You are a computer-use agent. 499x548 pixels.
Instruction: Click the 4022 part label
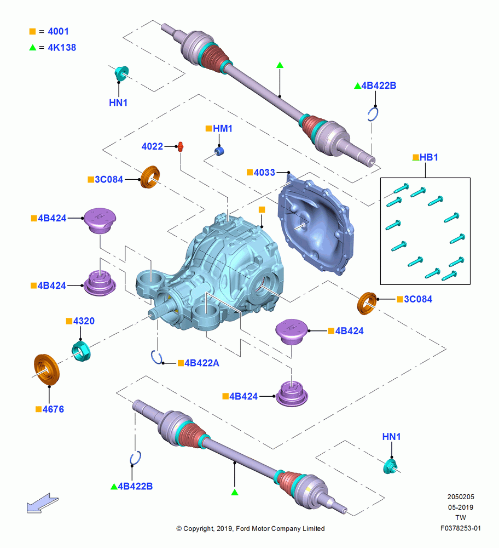(152, 146)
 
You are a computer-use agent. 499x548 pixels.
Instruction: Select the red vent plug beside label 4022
(181, 146)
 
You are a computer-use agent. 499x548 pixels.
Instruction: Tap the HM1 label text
(223, 129)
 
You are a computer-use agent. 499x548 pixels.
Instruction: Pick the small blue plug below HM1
(219, 151)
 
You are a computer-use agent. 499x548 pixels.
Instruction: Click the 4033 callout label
(264, 172)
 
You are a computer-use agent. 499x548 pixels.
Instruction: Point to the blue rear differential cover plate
(316, 225)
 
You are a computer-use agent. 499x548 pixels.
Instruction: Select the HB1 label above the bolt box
(428, 157)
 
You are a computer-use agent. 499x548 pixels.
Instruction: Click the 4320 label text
(84, 321)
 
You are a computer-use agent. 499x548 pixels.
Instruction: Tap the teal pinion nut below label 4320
(81, 351)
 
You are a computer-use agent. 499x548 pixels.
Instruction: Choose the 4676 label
(53, 409)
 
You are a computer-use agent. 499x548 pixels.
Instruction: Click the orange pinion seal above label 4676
(47, 370)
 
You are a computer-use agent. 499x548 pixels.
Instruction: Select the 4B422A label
(202, 363)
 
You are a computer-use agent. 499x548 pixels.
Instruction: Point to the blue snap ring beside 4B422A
(156, 357)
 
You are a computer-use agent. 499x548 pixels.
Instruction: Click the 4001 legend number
(59, 31)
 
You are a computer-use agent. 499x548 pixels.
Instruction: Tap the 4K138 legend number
(62, 48)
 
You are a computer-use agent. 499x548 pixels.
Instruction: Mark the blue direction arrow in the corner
(43, 503)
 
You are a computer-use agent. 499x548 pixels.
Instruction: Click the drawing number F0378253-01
(460, 528)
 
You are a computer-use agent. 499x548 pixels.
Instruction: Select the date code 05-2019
(461, 507)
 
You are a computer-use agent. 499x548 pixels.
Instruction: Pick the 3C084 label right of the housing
(418, 299)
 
